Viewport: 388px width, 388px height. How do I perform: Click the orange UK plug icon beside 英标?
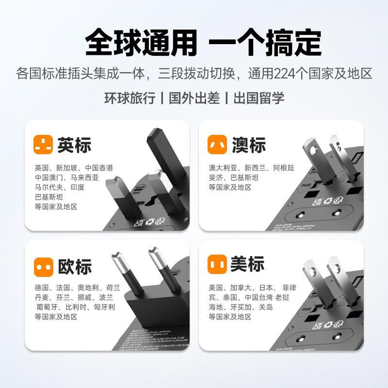(43, 144)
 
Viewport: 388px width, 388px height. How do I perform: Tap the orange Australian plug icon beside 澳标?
(217, 144)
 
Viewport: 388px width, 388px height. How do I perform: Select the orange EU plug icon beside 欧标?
(43, 266)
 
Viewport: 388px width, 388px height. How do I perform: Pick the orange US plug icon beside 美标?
(217, 265)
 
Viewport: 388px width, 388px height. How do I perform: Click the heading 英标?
(74, 145)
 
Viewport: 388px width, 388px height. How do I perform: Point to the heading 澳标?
(248, 145)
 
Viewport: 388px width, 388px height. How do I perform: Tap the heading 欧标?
(74, 266)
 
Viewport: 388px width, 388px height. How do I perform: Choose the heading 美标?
(247, 265)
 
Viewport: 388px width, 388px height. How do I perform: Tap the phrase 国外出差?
(194, 97)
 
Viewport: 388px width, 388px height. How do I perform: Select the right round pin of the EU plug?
(158, 269)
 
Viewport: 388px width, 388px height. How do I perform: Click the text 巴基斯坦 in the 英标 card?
(49, 196)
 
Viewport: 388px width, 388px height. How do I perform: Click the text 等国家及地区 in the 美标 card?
(230, 317)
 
